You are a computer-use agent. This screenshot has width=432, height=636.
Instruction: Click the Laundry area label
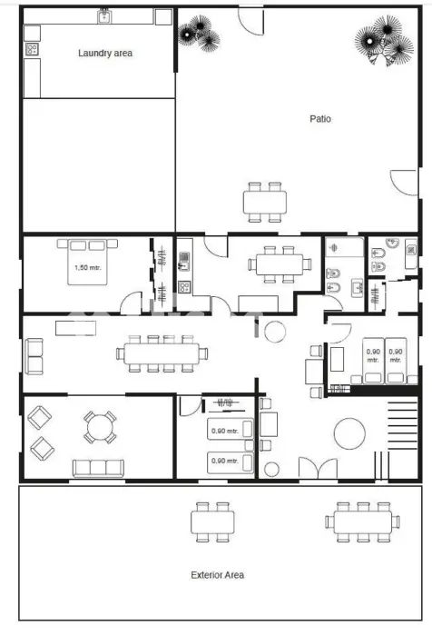pos(105,53)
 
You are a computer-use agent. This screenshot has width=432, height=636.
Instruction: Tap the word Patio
pos(320,119)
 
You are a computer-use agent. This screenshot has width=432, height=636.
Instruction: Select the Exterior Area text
pos(217,575)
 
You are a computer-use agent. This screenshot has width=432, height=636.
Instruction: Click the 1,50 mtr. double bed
pos(87,262)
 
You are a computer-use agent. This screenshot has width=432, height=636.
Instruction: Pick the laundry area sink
pos(105,16)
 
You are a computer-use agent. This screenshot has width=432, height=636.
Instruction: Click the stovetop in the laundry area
pos(32,49)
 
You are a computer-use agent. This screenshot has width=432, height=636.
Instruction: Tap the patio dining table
pos(265,203)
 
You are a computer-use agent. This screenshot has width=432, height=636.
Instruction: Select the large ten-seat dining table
pos(162,353)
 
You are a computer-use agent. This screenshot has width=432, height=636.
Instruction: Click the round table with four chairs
pos(100,428)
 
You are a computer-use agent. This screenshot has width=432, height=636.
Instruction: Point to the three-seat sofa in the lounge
pos(98,469)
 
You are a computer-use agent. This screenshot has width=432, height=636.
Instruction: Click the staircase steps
pos(402,425)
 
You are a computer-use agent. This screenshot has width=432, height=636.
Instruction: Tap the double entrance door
pos(319,469)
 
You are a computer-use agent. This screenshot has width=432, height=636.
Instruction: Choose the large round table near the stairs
pos(349,433)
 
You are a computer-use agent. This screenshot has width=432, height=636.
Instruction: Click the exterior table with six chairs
pos(363,522)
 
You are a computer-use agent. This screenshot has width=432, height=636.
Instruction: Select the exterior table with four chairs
pos(212,522)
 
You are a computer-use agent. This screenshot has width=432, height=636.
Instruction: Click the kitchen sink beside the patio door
pos(184,262)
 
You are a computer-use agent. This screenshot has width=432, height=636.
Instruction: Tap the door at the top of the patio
pos(251,22)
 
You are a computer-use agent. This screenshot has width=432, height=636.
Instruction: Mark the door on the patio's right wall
pos(404,184)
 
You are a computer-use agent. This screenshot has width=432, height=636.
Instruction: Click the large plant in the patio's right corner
pos(384,41)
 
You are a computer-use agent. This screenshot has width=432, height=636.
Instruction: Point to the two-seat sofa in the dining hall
pos(34,356)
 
